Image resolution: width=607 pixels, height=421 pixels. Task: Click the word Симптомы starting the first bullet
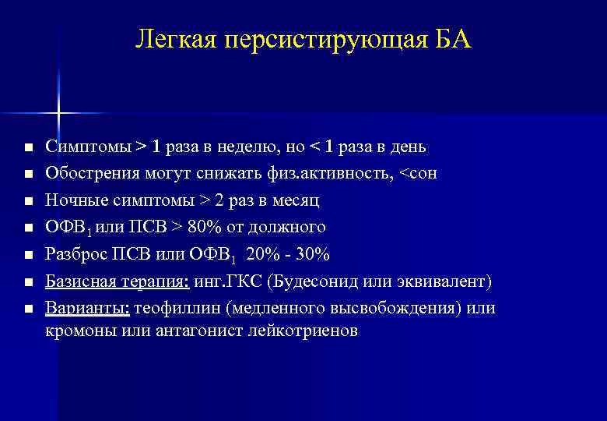tap(87, 147)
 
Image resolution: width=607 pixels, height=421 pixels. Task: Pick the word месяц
tap(296, 200)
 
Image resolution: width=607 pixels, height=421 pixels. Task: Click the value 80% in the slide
tap(209, 228)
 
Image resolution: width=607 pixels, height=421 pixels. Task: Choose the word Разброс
tap(75, 255)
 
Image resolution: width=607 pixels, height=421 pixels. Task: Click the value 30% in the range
tap(314, 255)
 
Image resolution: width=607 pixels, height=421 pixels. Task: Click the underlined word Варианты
tap(87, 309)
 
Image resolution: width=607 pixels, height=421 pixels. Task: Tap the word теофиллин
tap(177, 309)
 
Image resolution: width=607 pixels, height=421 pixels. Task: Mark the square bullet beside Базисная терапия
tap(28, 282)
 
